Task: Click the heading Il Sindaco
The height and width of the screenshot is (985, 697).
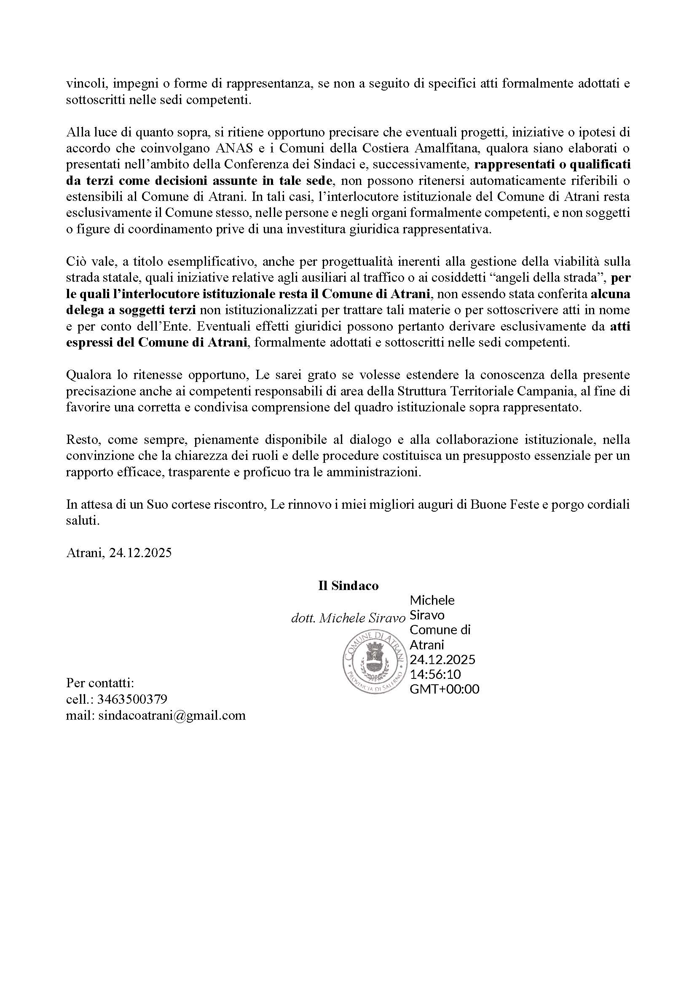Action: click(x=348, y=586)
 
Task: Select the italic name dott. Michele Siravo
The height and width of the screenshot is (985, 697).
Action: click(x=348, y=618)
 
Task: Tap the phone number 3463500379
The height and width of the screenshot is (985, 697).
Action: click(x=132, y=699)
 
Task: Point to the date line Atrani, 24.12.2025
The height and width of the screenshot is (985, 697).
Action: click(x=119, y=553)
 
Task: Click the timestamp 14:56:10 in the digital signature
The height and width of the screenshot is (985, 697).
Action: click(x=435, y=674)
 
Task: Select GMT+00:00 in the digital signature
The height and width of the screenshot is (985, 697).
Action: click(x=444, y=689)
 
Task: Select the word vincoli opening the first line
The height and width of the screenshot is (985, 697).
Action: click(x=83, y=84)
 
